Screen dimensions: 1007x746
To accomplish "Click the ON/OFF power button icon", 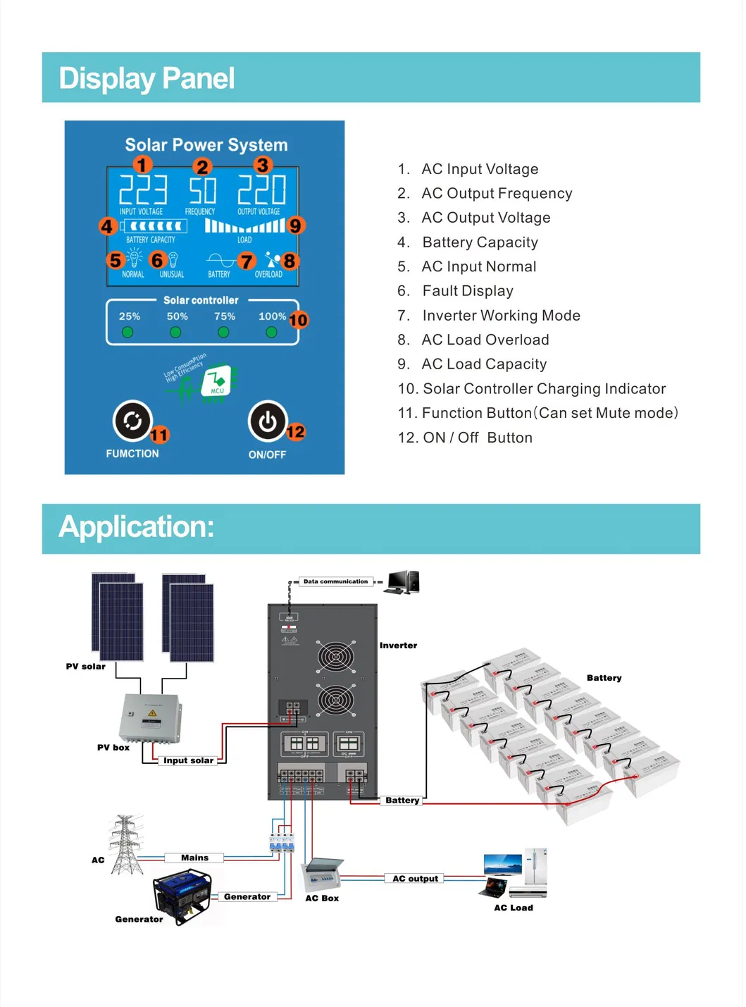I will pos(268,421).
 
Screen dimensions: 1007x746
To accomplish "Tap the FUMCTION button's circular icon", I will pos(132,421).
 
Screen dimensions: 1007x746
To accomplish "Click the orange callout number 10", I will pos(298,320).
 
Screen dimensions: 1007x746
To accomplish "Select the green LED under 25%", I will pos(128,333).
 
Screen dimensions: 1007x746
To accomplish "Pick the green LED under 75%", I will pos(223,333).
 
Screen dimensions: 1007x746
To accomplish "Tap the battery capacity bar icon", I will pos(154,226).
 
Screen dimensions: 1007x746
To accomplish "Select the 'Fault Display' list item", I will pos(467,291).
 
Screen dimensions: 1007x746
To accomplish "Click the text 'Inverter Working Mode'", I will pos(501,316).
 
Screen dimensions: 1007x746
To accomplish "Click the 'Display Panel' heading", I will pos(147,78).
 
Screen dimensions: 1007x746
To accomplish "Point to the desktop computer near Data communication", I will pos(404,582).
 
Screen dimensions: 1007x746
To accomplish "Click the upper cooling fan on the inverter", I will pos(335,657).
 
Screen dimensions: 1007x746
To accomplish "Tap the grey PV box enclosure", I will pos(150,717).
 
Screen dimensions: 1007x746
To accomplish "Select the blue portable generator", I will pos(182,895).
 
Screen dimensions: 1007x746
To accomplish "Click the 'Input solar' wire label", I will pos(188,760).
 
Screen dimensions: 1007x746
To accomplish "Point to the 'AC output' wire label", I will pos(415,879).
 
